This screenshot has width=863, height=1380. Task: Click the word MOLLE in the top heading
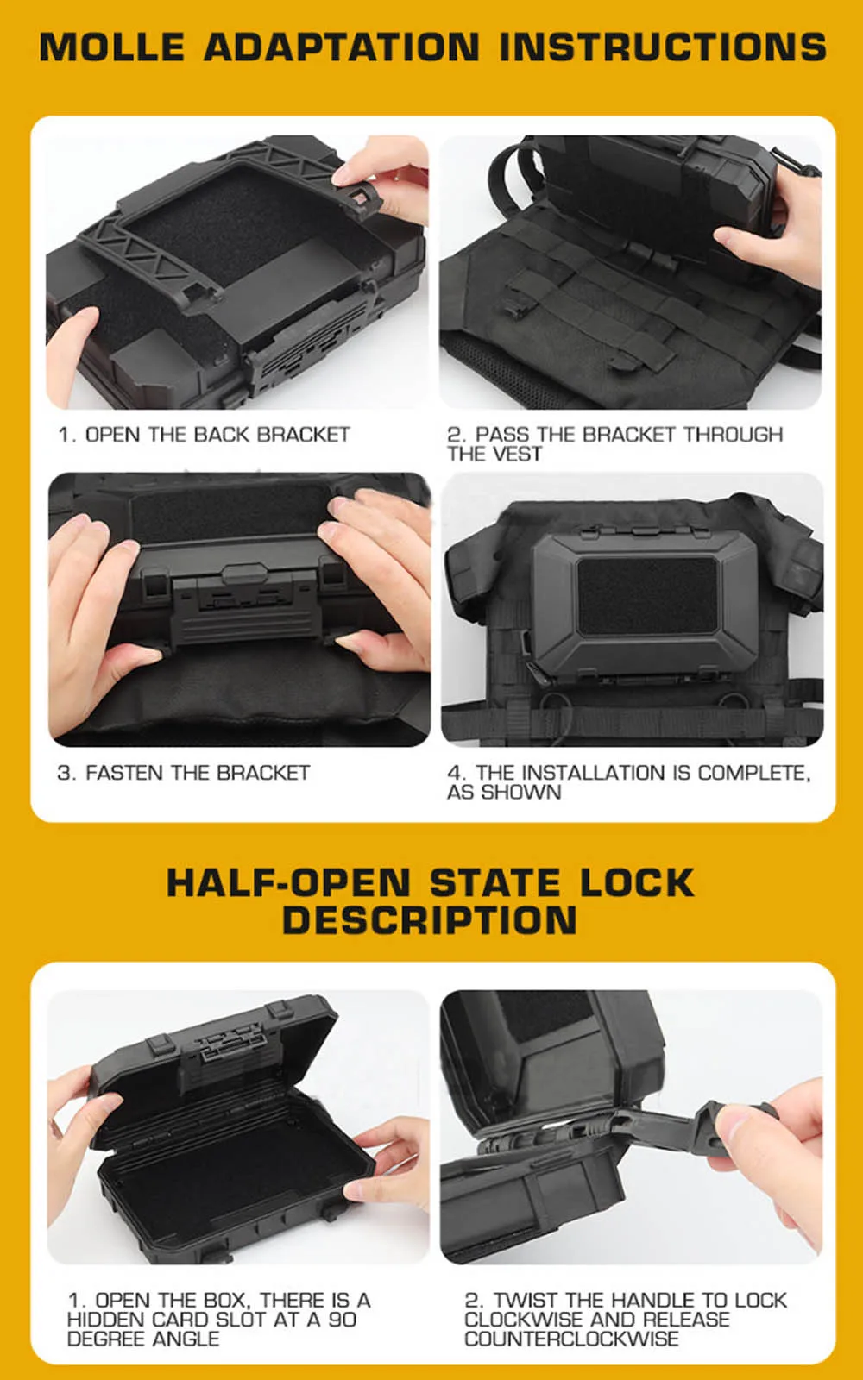click(112, 47)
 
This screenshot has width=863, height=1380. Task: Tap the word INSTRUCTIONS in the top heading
click(663, 47)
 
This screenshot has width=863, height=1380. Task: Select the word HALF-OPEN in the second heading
click(288, 882)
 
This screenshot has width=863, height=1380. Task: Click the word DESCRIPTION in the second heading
click(430, 920)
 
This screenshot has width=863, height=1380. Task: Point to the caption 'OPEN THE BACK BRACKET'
click(217, 435)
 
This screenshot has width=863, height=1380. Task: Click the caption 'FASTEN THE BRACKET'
click(198, 773)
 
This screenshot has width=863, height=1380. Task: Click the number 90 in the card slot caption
click(343, 1320)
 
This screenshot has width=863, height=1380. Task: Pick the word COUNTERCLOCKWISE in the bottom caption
click(571, 1339)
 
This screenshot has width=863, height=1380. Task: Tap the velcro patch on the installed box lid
click(647, 596)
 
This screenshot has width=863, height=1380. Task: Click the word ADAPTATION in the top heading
click(342, 47)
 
